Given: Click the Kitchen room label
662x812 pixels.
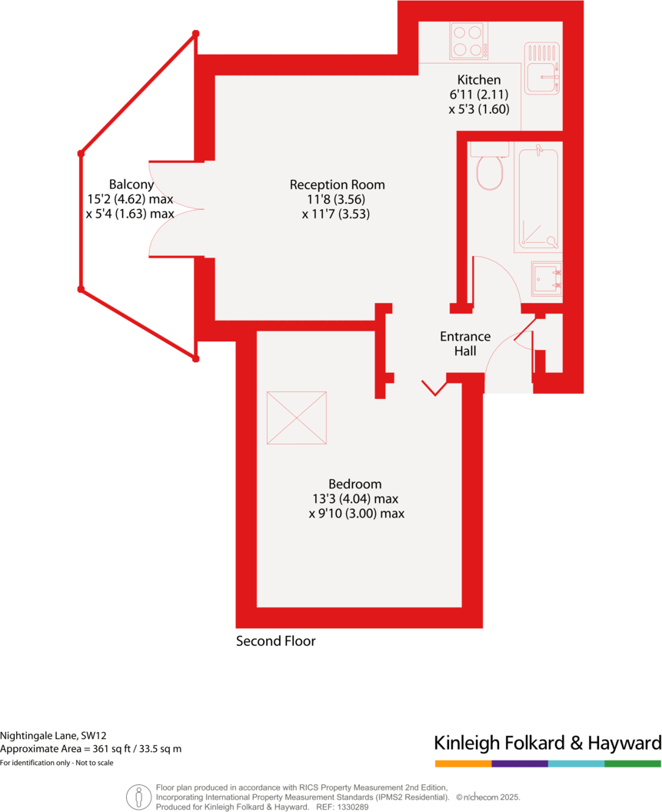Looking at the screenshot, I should [x=478, y=80].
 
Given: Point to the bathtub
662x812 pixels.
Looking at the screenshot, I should [x=539, y=198].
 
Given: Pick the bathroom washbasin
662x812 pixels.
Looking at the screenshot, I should [x=547, y=278].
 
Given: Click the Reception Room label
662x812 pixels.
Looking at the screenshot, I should [x=337, y=185].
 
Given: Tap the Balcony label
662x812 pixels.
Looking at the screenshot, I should [x=131, y=185].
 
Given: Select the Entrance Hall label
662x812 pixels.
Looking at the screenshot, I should [x=465, y=344].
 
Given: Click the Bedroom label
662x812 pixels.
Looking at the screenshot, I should [x=354, y=484].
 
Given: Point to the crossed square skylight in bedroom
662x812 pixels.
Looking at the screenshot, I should [x=297, y=418].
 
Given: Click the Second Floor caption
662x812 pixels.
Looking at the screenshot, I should [x=275, y=641].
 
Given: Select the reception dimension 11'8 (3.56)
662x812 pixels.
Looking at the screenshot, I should [x=337, y=200].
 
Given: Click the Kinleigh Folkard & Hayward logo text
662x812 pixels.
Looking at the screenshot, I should [x=547, y=744].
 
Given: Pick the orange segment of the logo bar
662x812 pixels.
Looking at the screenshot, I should [x=463, y=764].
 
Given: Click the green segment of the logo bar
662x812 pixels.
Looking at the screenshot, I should [x=633, y=764].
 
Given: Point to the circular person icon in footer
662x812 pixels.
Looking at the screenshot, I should [x=138, y=797].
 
